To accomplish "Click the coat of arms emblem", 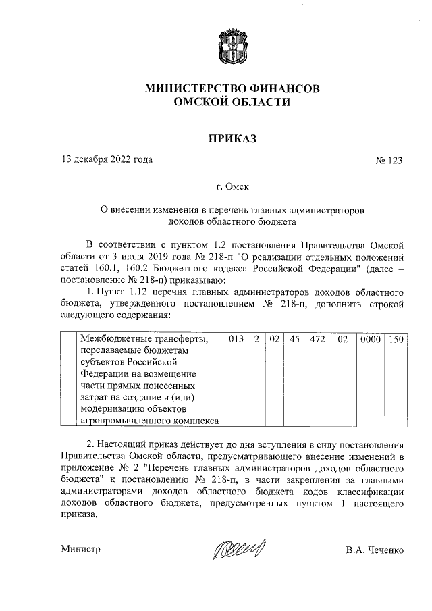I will coord(232,46).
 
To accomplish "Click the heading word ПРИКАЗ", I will coord(232,138).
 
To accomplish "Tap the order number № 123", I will coord(389,161).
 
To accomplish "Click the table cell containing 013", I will coord(235,339).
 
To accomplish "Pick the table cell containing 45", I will coord(294,339).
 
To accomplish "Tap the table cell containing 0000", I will coord(370,339).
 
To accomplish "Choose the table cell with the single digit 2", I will coord(256,339).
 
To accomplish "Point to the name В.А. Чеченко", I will coord(374,550).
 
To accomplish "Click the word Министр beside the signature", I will coord(80,550).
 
